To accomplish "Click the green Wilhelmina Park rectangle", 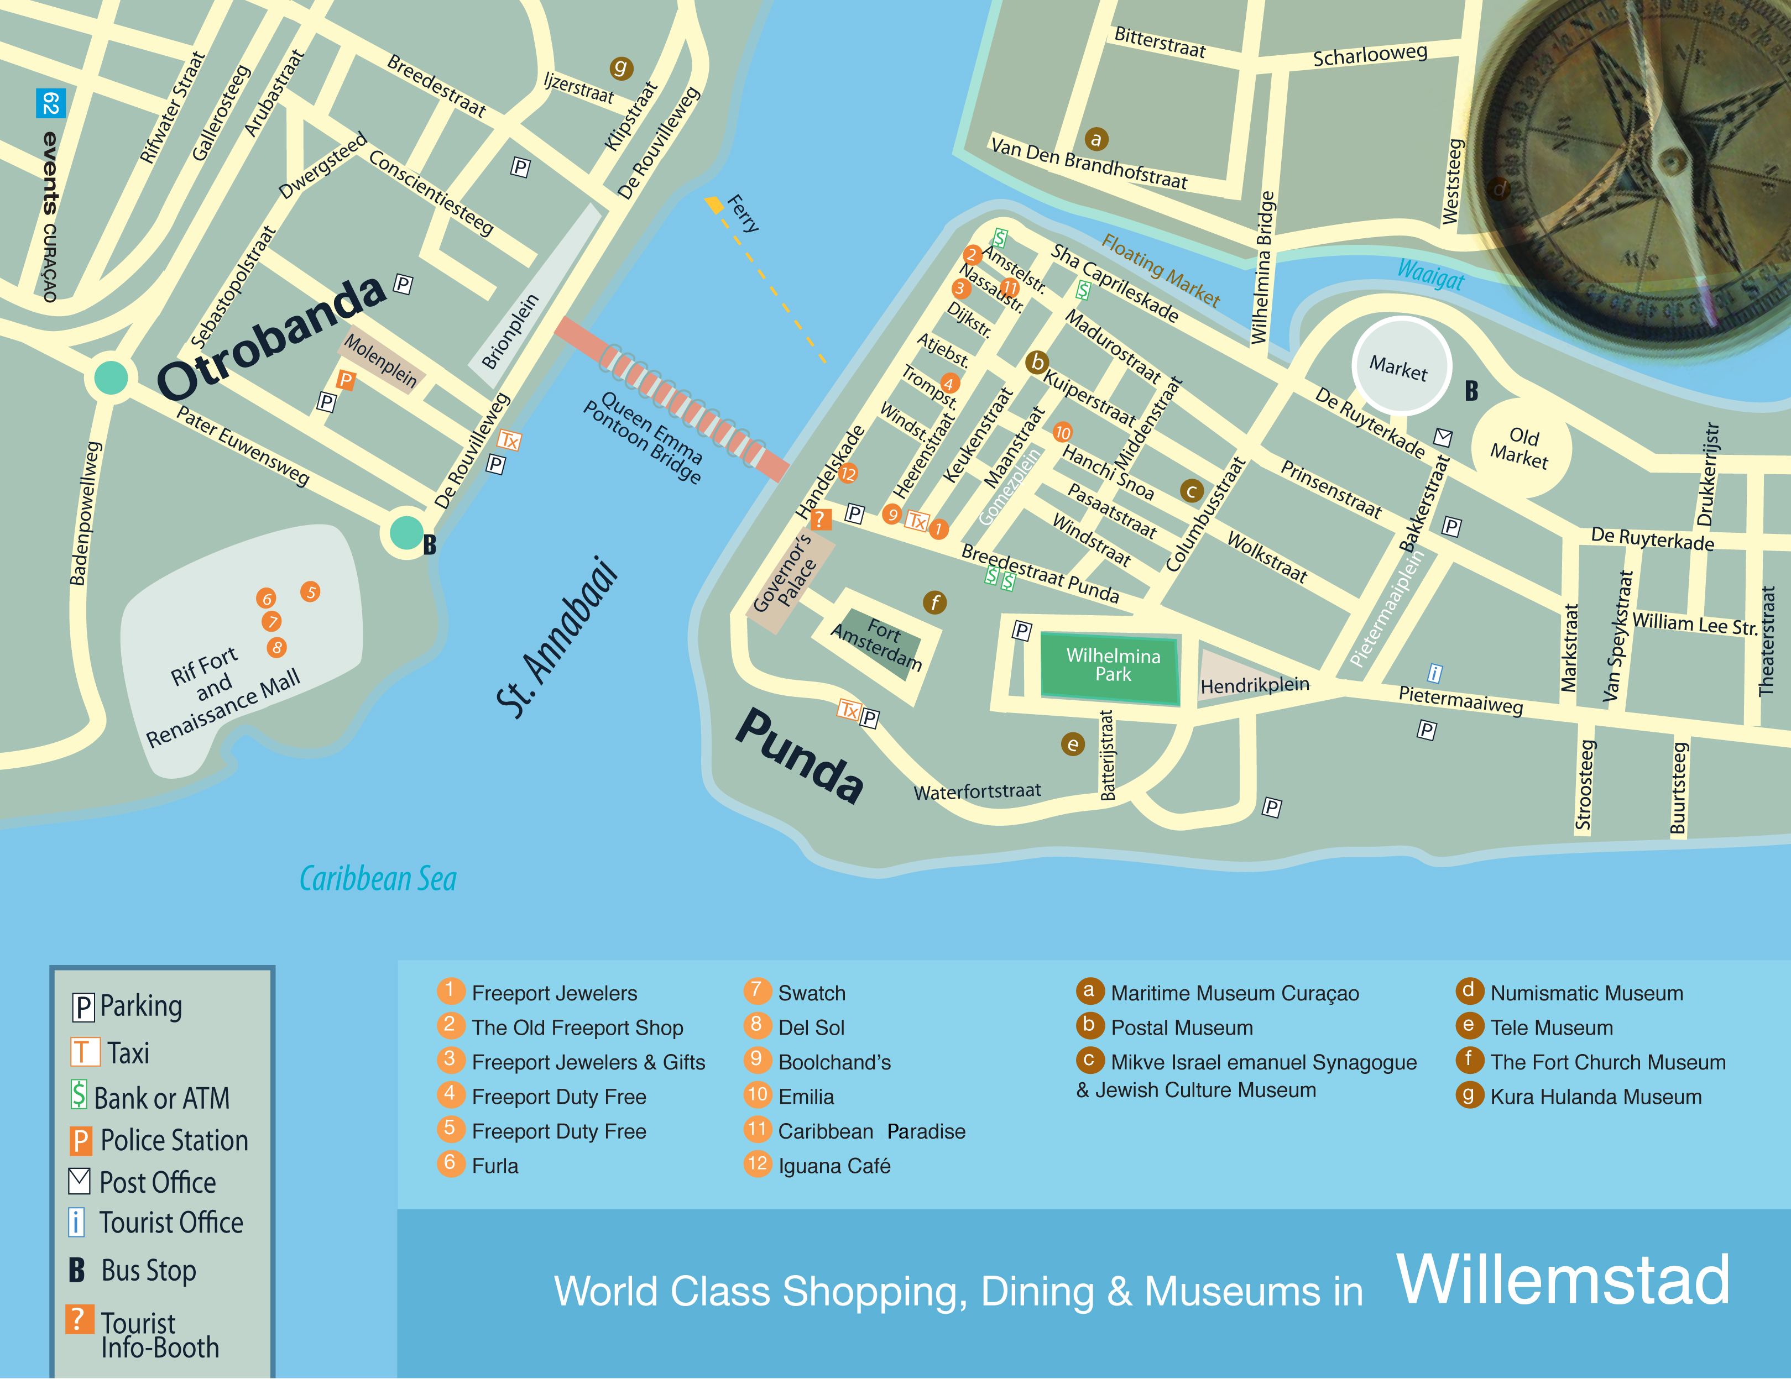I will (1111, 665).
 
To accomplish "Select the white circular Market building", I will (1400, 366).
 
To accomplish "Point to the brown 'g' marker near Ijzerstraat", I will (621, 68).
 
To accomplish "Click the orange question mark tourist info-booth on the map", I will (819, 518).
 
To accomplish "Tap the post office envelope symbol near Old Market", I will (1443, 437).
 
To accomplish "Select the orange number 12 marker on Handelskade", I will (847, 473).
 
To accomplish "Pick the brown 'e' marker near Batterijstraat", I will (1073, 744).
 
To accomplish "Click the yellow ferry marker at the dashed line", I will (715, 203).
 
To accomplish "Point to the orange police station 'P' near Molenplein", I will (346, 380).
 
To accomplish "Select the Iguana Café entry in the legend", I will (833, 1166).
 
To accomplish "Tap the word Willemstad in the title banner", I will (1563, 1280).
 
